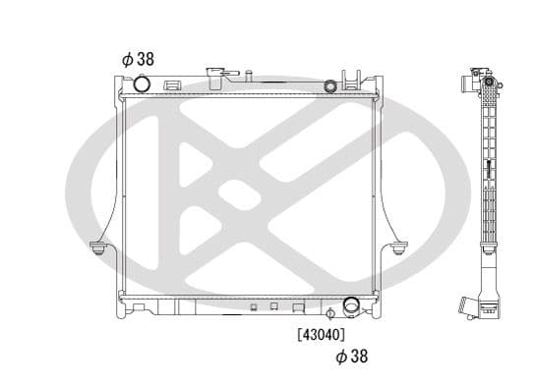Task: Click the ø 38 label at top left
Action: tap(138, 59)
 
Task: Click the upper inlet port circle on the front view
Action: tap(141, 84)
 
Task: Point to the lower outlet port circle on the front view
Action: tap(351, 307)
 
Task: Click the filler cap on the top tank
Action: tap(216, 76)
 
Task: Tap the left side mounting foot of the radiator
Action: tap(98, 247)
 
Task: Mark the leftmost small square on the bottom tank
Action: tap(252, 307)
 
